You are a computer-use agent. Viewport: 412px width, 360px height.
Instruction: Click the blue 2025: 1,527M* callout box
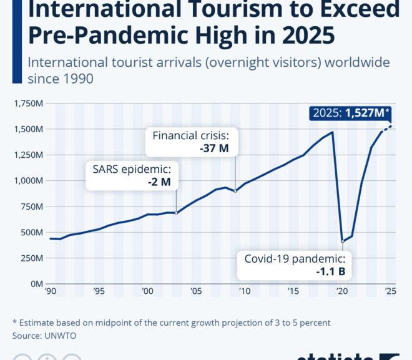coord(351,113)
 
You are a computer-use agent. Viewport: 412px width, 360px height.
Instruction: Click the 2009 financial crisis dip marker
coord(235,191)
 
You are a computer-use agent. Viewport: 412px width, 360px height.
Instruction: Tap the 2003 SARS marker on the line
coord(177,213)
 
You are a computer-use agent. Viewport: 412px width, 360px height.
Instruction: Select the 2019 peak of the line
coord(332,132)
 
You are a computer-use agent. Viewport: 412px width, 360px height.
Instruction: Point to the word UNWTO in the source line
coord(59,335)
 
